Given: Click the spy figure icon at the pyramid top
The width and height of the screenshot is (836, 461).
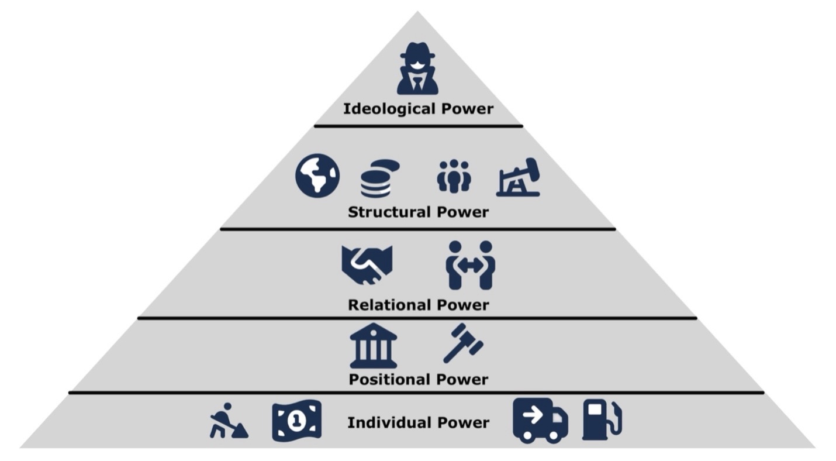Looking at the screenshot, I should pyautogui.click(x=417, y=69).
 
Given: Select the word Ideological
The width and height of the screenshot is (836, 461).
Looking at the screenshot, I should pyautogui.click(x=388, y=109).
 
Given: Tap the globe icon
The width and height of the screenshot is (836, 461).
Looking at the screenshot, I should pyautogui.click(x=317, y=176).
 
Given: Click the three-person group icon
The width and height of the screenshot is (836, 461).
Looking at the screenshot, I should pyautogui.click(x=454, y=176).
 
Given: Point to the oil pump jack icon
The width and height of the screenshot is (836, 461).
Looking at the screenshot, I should pyautogui.click(x=519, y=177).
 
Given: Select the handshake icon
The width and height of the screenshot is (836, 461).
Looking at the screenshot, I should pyautogui.click(x=367, y=264).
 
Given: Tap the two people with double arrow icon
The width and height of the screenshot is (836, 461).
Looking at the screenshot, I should pyautogui.click(x=470, y=264).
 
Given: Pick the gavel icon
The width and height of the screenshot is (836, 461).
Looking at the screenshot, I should pyautogui.click(x=463, y=343).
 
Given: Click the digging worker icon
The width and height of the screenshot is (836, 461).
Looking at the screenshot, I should pyautogui.click(x=228, y=421).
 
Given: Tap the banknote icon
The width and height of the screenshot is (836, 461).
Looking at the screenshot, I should pyautogui.click(x=296, y=420).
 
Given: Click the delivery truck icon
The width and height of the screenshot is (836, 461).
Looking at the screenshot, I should pyautogui.click(x=540, y=420).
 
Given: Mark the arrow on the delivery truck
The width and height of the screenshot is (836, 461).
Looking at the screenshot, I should pyautogui.click(x=532, y=415).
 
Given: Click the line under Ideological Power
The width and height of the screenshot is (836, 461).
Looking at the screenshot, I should pyautogui.click(x=418, y=126).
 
